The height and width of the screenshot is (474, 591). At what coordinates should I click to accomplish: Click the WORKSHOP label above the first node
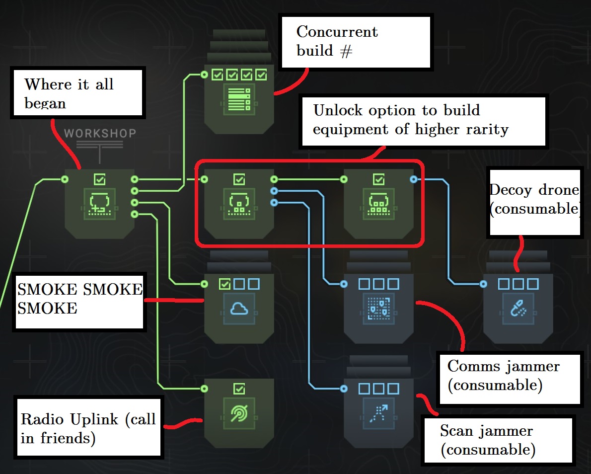click(x=100, y=134)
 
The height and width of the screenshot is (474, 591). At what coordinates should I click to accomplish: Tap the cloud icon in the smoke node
click(x=239, y=309)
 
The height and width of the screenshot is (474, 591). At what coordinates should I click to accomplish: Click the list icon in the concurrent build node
click(x=239, y=99)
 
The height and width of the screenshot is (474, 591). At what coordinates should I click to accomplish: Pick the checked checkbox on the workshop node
click(x=99, y=179)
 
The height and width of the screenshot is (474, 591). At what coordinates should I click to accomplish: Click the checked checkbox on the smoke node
click(x=224, y=284)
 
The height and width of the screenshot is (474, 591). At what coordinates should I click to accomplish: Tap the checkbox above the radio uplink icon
click(x=239, y=389)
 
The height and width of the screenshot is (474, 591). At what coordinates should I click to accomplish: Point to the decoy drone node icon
click(x=518, y=309)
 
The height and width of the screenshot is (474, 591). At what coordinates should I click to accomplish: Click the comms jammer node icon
click(x=378, y=309)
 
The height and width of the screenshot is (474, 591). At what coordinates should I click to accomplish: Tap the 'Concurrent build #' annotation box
click(x=356, y=42)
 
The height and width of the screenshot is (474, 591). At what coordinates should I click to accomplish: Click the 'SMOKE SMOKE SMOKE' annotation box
click(x=79, y=300)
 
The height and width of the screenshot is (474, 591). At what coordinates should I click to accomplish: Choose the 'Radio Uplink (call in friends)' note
click(x=89, y=427)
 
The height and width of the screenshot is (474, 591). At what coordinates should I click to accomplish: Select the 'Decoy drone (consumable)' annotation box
click(x=534, y=201)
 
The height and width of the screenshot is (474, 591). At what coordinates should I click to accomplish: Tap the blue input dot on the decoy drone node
click(x=483, y=284)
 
